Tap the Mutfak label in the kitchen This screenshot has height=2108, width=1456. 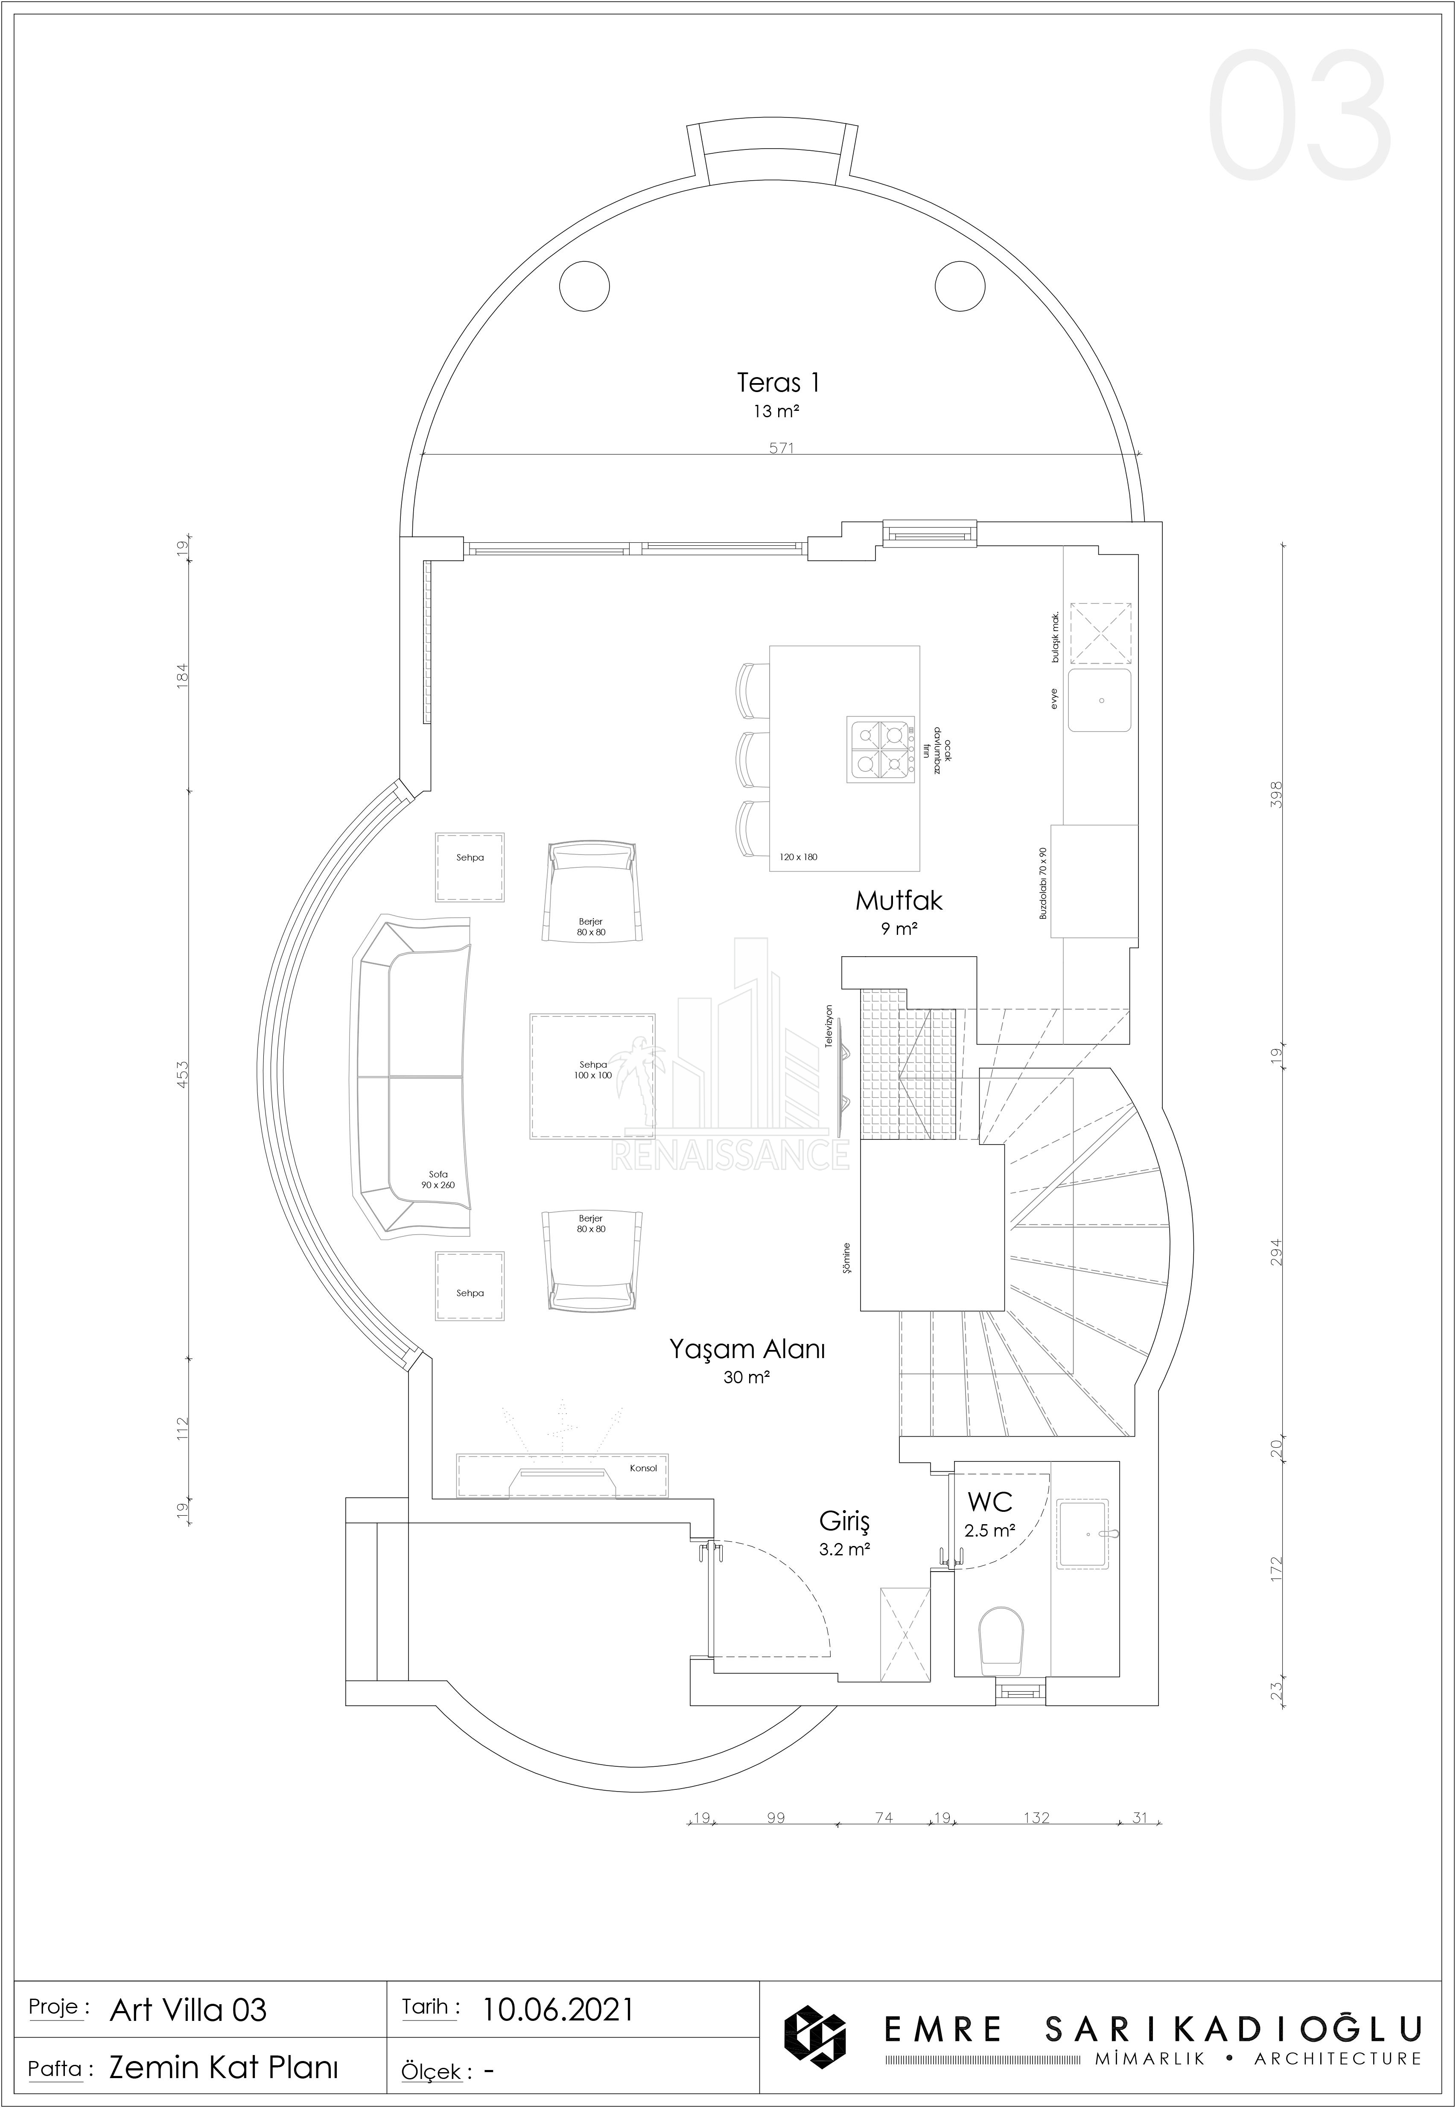[x=899, y=901]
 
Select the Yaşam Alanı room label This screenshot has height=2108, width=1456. [x=747, y=1349]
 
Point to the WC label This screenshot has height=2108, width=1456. [x=990, y=1502]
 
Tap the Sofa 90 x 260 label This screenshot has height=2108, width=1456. [x=438, y=1179]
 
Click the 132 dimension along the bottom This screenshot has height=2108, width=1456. [x=1036, y=1817]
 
